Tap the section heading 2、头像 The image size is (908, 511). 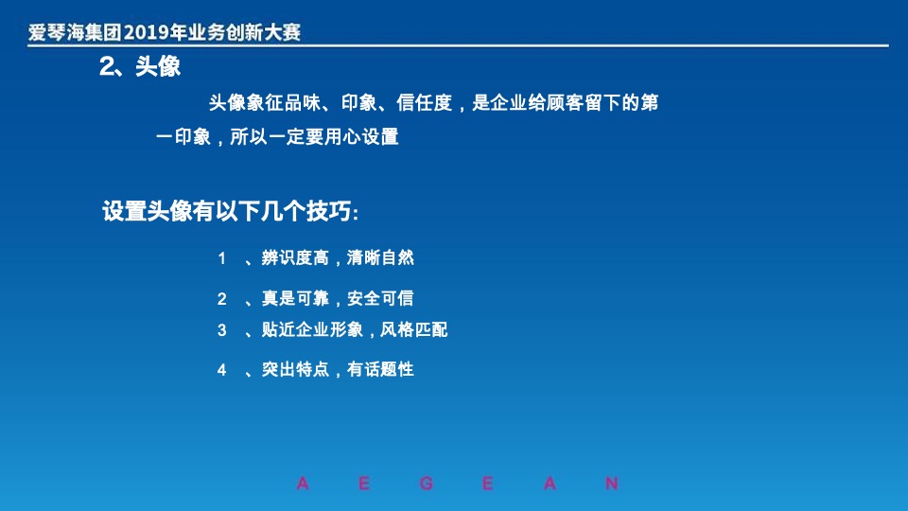click(140, 67)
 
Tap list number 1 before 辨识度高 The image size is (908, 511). click(222, 258)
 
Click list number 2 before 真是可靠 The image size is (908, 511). click(222, 299)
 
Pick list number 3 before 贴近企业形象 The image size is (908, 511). click(222, 330)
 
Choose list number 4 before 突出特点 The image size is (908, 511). click(222, 370)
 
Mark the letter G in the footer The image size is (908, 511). click(427, 485)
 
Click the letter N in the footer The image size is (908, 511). click(612, 485)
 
